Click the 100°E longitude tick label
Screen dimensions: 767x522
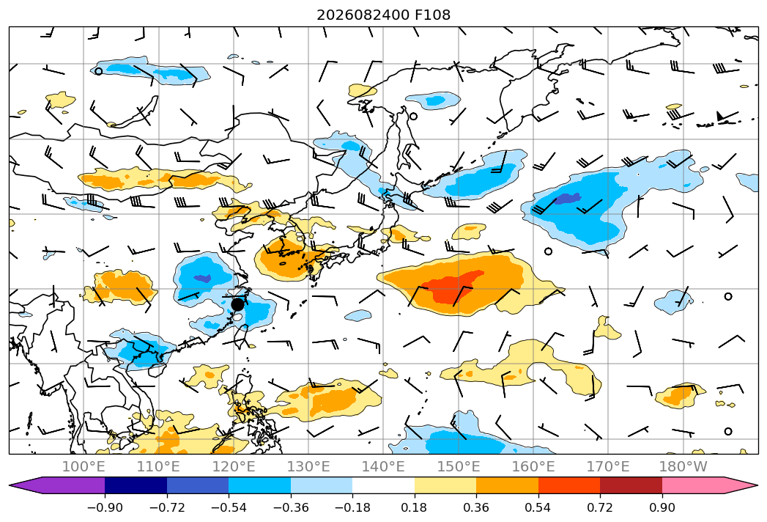tap(84, 466)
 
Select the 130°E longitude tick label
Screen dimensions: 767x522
tap(308, 466)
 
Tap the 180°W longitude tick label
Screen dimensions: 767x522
tap(683, 466)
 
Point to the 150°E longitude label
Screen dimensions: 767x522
tap(459, 466)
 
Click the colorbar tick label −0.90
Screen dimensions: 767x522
tap(105, 507)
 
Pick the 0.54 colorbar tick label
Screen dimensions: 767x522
tap(538, 507)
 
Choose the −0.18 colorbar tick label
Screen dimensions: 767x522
tap(352, 507)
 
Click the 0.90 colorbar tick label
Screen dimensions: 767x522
tap(662, 507)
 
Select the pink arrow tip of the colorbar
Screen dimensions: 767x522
tap(757, 485)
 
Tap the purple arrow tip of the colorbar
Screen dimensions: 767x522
tap(10, 485)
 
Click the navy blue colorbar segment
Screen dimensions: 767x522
tap(136, 485)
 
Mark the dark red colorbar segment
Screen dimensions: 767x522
tap(631, 485)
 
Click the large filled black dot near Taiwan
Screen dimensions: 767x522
tap(237, 304)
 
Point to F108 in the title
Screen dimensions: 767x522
tap(432, 15)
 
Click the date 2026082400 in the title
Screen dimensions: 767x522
tap(363, 15)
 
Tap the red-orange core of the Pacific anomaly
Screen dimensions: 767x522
tap(453, 289)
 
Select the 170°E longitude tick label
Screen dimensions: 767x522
tap(608, 466)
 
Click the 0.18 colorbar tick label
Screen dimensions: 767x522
tap(414, 507)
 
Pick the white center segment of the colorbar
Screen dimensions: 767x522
tap(384, 485)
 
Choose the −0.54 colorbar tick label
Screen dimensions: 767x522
tap(229, 507)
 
